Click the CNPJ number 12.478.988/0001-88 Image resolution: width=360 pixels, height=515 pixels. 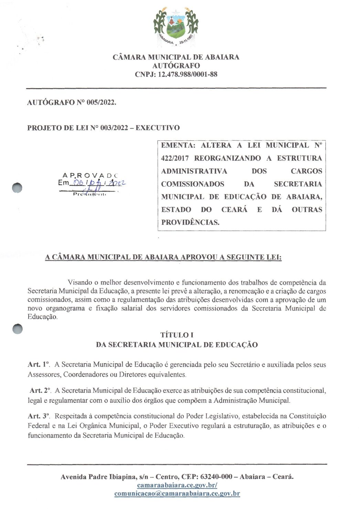pyautogui.click(x=187, y=74)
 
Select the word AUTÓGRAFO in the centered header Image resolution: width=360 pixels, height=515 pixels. pyautogui.click(x=176, y=65)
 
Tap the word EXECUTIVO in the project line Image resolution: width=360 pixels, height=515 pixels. pyautogui.click(x=157, y=128)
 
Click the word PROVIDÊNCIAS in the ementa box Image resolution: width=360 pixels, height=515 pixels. pyautogui.click(x=190, y=222)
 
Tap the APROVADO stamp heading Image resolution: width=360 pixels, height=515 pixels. pyautogui.click(x=90, y=176)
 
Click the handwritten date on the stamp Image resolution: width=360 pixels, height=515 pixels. pyautogui.click(x=98, y=183)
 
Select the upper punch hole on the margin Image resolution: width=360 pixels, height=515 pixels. pyautogui.click(x=17, y=188)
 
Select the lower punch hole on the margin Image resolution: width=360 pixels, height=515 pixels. pyautogui.click(x=17, y=329)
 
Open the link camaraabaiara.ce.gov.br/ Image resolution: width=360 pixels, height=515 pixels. pyautogui.click(x=177, y=485)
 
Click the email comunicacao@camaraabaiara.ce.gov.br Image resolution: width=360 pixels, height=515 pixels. pyautogui.click(x=177, y=494)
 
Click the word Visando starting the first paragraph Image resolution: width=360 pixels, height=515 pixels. pyautogui.click(x=80, y=283)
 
